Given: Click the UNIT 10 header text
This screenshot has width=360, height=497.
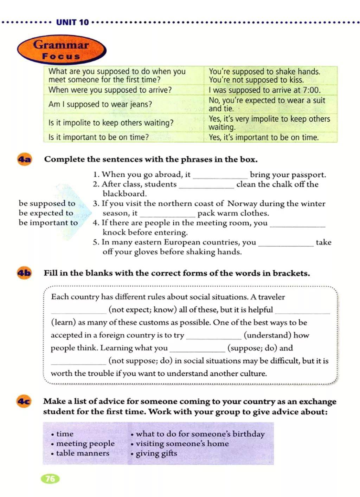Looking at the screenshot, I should (x=72, y=22).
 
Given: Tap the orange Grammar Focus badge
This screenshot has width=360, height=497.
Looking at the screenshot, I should (x=62, y=50).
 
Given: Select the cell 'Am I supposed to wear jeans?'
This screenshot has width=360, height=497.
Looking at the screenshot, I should (x=100, y=104).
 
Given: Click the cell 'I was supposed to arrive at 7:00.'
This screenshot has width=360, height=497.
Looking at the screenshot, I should (x=264, y=90).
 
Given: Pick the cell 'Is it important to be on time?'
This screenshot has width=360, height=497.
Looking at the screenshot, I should (x=98, y=137).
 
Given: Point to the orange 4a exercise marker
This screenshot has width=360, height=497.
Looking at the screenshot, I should (x=24, y=159).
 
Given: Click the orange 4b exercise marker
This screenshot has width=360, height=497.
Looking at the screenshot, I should (x=24, y=273).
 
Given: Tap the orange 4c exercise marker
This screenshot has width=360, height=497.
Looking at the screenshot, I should (x=24, y=401).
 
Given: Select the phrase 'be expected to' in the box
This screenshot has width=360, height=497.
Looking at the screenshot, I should (x=46, y=213).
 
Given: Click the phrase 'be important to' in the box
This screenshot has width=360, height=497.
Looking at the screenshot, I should (x=48, y=223).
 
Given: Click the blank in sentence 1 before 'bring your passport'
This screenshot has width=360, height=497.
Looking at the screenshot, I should (x=220, y=176).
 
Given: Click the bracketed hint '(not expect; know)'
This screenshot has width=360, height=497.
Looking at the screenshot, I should (x=142, y=310).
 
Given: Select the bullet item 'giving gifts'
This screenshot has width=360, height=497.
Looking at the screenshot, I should (x=156, y=453).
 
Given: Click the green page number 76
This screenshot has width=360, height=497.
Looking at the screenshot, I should (x=50, y=478).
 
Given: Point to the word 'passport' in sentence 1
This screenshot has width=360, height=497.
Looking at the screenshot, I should (x=308, y=175).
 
